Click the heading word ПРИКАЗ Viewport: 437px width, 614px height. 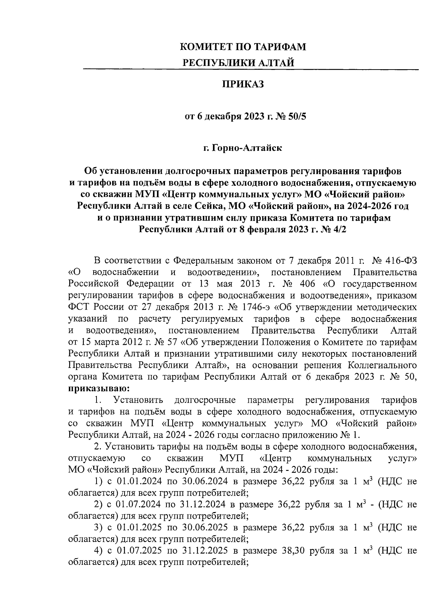243,85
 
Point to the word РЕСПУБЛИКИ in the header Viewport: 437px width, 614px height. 214,63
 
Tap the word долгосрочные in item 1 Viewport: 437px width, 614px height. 205,401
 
